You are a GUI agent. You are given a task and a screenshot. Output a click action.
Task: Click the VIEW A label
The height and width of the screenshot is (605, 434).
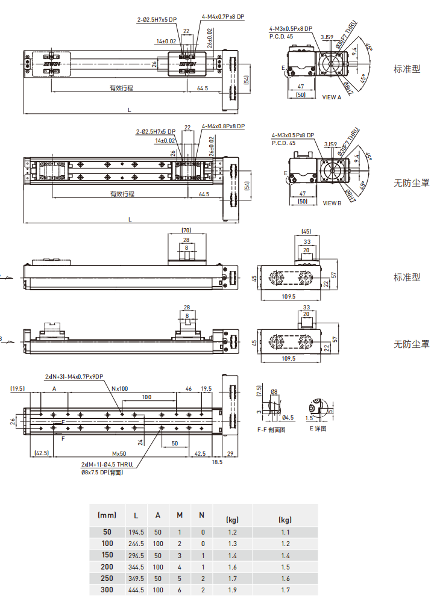332,97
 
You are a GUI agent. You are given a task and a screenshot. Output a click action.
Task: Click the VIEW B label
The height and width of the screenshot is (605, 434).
332,203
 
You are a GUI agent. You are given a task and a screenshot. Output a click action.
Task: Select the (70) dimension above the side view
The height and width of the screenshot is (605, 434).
185,230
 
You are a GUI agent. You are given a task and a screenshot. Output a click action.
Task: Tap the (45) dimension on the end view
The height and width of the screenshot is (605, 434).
306,231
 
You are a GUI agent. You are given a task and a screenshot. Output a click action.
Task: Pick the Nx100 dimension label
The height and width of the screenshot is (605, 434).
120,389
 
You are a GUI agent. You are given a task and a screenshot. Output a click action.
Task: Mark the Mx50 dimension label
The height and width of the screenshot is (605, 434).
119,453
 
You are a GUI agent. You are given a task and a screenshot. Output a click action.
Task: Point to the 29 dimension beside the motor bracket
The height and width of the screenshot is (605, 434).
230,453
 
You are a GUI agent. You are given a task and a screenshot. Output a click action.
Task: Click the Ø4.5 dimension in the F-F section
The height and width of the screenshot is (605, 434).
288,417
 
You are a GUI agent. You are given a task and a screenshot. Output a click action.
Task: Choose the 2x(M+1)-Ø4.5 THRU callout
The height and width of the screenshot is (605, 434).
108,465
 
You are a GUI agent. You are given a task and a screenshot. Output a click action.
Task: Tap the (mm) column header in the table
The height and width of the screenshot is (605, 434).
107,515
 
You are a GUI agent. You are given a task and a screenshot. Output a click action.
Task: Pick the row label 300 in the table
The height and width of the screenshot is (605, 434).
107,590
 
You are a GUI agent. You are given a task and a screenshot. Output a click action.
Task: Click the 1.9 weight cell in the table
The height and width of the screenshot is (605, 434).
232,590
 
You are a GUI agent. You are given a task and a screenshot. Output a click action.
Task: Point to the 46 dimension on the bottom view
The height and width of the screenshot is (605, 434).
189,389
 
